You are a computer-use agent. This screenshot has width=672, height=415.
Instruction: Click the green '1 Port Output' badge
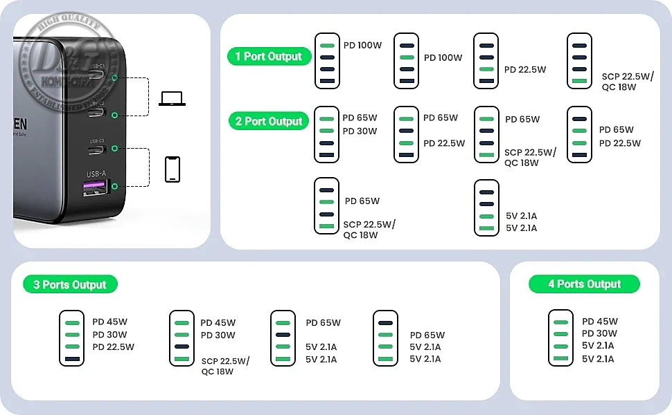coord(268,56)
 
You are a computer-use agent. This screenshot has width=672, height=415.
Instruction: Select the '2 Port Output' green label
coord(269,121)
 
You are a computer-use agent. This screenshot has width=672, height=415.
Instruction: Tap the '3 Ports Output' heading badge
coord(69,284)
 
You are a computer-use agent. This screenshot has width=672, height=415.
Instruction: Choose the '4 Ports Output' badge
coord(584,284)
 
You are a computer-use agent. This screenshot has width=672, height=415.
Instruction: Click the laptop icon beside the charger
coord(172,98)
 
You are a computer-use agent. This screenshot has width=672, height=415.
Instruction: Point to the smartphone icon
coord(173,169)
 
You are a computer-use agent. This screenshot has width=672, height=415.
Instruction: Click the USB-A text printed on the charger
coord(96,173)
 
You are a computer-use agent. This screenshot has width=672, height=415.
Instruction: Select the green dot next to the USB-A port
coord(114,185)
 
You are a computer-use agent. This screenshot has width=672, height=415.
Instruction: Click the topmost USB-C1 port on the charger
coord(96,76)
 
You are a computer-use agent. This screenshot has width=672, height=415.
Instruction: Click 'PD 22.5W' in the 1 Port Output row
coord(525,69)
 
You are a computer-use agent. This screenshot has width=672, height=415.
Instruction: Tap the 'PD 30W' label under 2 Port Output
coord(360,131)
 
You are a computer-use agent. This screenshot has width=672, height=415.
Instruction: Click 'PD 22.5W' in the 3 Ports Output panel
coord(113,347)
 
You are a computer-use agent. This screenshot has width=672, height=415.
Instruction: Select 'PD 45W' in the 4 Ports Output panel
coord(600,321)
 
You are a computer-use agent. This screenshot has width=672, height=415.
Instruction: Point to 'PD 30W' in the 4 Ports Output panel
coord(600,333)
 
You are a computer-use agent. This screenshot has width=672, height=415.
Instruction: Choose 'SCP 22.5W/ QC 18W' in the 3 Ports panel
coord(225,366)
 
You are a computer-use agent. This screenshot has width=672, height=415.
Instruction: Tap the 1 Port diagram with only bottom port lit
coord(579,61)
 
